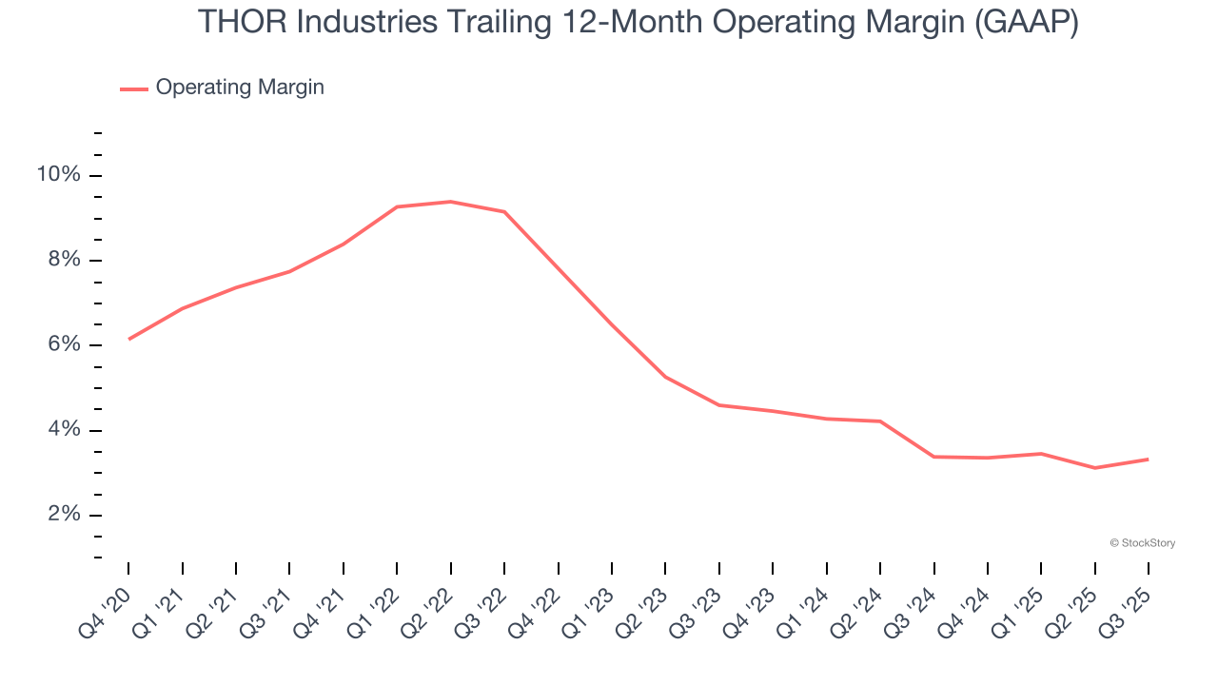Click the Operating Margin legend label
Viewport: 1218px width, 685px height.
point(240,88)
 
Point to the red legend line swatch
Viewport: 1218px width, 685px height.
point(133,88)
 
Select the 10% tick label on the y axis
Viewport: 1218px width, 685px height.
point(58,175)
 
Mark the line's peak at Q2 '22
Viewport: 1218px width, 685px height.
point(450,202)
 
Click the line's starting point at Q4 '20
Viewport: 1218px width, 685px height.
point(128,339)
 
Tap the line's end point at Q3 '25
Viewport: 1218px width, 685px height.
point(1148,460)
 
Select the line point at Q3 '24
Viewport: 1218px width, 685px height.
point(933,457)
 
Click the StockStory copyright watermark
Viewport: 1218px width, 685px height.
point(1142,543)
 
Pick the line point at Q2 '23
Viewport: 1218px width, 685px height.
point(665,377)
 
